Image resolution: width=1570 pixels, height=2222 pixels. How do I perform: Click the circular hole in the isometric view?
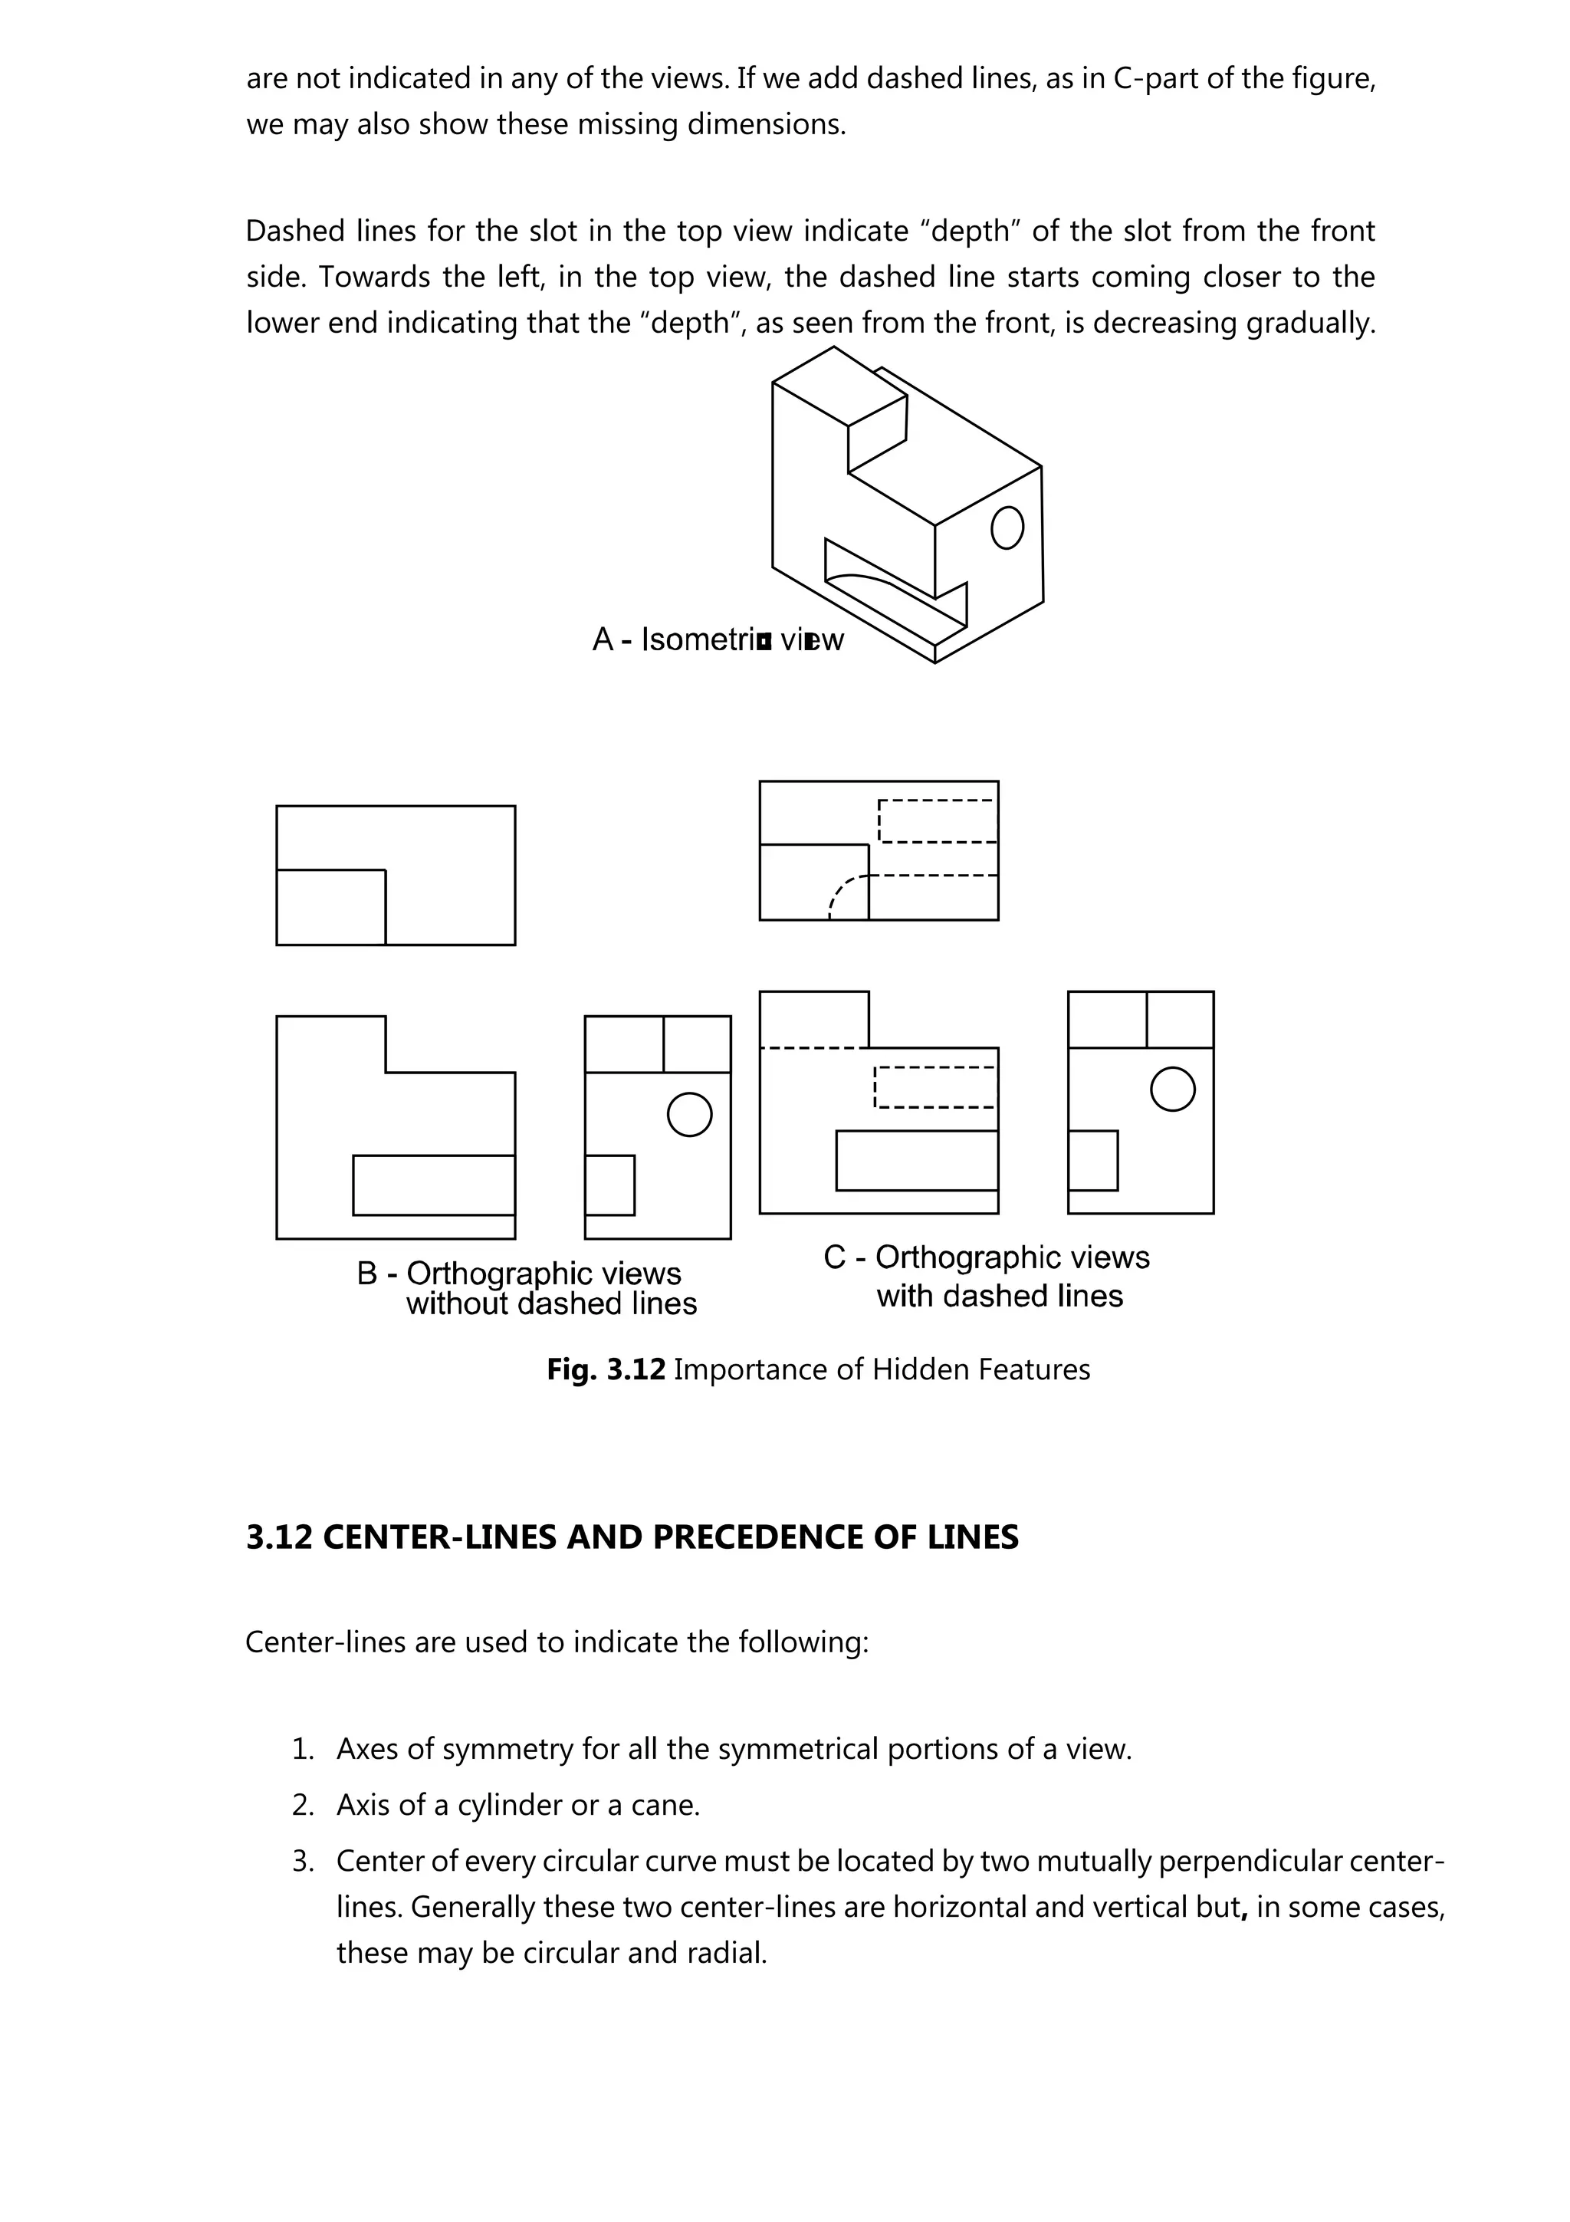coord(1007,528)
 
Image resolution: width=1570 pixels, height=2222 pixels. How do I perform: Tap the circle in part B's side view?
coord(690,1114)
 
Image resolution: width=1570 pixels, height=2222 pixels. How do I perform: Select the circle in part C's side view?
coord(1172,1089)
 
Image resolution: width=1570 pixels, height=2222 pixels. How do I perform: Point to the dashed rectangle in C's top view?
coord(936,820)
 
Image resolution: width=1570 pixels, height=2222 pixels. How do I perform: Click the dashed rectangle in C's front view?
coord(934,1086)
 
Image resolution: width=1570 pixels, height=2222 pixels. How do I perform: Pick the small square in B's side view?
coord(610,1185)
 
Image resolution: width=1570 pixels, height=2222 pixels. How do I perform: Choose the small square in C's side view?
coord(1093,1159)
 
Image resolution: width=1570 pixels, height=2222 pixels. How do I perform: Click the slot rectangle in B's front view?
coord(433,1185)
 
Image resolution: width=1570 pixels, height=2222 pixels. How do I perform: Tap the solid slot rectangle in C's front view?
coord(916,1159)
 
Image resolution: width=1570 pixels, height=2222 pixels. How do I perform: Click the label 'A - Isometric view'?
coord(717,639)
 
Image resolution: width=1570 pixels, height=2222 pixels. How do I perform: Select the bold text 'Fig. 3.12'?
coord(606,1369)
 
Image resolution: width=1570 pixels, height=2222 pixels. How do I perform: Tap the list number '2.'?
coord(304,1805)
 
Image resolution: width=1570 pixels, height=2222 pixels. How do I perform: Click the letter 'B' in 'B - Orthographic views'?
coord(366,1273)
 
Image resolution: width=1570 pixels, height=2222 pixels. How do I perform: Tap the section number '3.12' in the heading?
coord(278,1537)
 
